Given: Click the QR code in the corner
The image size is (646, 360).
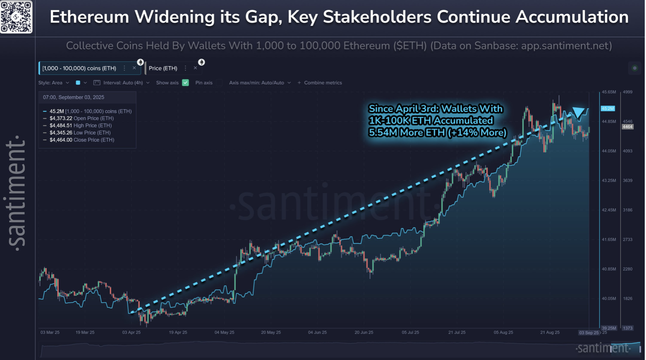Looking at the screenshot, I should [16, 17].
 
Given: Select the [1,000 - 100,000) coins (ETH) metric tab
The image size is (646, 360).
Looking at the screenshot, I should [79, 68].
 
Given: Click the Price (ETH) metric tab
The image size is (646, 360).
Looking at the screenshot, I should [163, 68].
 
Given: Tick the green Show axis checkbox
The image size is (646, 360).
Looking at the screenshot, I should [185, 83].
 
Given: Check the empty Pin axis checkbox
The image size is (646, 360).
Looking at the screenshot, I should [219, 83].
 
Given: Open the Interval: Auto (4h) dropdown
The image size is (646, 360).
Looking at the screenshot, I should [123, 83].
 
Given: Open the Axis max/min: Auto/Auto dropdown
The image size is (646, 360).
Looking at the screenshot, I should [260, 83].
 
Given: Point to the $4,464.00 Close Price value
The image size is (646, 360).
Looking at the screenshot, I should [61, 140].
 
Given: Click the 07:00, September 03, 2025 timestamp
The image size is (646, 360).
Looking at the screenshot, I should [73, 98].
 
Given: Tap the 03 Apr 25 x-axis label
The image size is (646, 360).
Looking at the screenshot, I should [131, 332].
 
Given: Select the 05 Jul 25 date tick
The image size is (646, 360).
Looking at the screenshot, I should [410, 332].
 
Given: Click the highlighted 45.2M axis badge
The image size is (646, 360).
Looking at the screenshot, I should [608, 109].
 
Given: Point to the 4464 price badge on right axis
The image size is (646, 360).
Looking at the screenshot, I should [627, 127].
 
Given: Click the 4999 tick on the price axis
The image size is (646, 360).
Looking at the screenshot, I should [627, 92].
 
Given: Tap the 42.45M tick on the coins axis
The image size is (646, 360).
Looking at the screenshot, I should [609, 210].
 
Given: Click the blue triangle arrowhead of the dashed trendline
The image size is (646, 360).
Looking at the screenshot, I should [579, 112].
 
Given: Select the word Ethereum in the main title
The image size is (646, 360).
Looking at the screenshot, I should [89, 17].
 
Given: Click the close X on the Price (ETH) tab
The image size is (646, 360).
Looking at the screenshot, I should [195, 68].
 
